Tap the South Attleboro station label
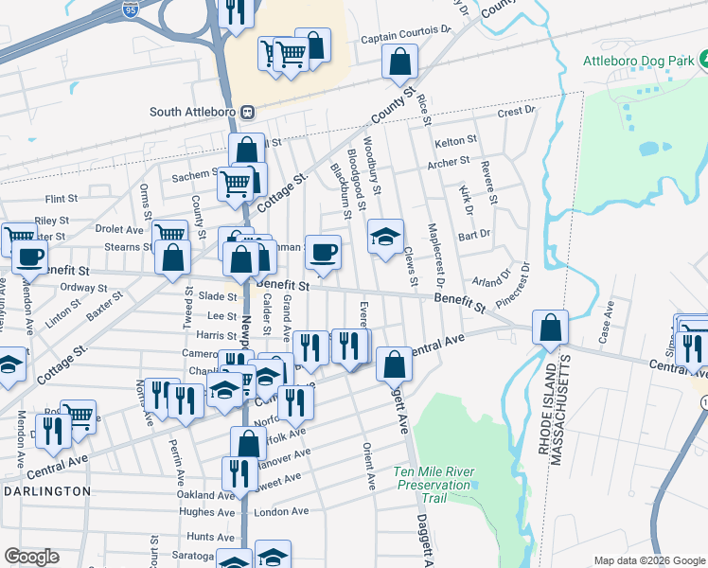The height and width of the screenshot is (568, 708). click(x=193, y=112)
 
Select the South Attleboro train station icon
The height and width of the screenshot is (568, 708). click(x=246, y=112)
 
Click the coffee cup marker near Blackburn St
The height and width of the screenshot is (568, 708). click(x=323, y=252)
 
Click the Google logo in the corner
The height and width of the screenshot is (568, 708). click(x=31, y=557)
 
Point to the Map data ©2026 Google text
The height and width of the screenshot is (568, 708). click(x=649, y=560)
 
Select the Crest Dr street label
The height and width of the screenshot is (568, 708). click(x=516, y=111)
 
